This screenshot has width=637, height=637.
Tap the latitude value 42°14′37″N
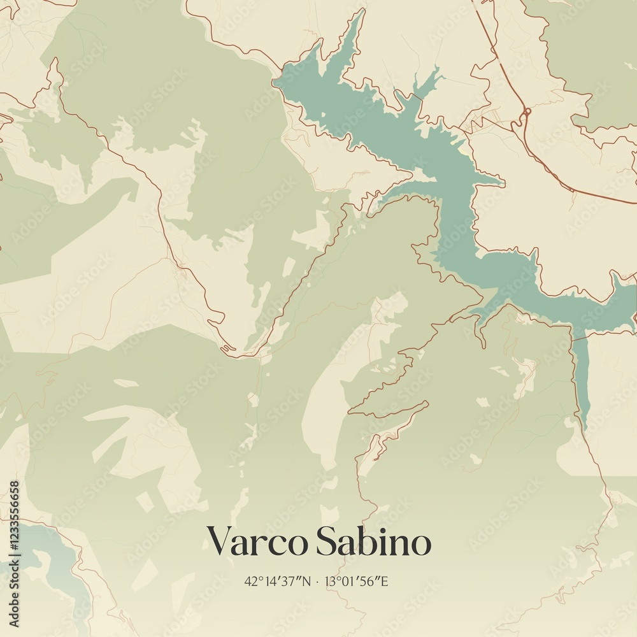coord(278,582)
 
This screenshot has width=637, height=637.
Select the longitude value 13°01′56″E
coord(357,582)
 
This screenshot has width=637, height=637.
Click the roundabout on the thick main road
coord(526,113)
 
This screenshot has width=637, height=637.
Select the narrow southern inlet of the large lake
coord(580,376)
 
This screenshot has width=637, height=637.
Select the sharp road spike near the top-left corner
coord(55,64)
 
